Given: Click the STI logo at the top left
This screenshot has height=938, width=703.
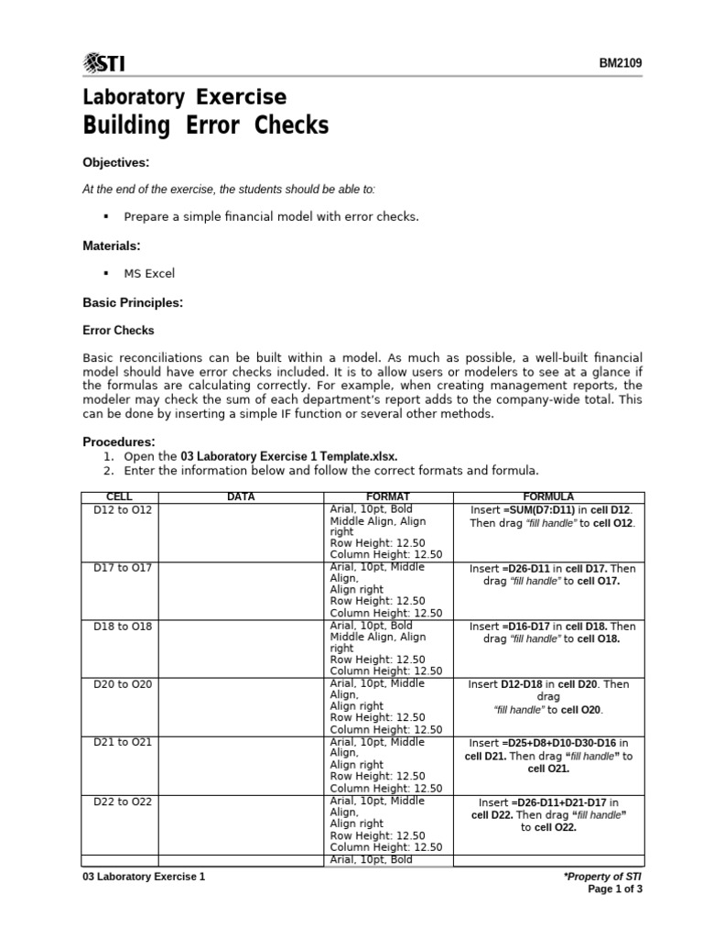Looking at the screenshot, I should coord(104,62).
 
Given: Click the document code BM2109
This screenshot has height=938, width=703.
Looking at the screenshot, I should coord(622,63).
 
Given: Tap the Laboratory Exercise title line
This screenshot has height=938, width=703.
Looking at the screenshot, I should coord(184,97).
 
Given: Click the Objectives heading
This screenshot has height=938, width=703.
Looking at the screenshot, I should coord(115,162).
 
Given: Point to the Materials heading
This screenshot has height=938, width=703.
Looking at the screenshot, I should coord(112,245).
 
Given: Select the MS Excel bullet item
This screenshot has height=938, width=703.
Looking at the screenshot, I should coord(149,273).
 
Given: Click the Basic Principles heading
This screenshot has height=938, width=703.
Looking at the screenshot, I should coord(133,301).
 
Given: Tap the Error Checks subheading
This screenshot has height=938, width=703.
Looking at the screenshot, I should coord(118,330).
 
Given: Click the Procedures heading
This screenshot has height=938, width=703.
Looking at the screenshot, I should coord(119,442).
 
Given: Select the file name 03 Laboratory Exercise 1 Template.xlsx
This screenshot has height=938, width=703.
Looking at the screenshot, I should coord(289,456).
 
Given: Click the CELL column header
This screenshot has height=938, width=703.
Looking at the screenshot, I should coord(120,496).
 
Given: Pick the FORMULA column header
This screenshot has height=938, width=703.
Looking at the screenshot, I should coord(548,496).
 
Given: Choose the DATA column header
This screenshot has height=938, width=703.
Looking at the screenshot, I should coord(241,496).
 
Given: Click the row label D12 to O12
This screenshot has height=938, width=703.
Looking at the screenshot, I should coord(123,508).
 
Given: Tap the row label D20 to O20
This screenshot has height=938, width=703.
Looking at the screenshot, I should coord(123,683).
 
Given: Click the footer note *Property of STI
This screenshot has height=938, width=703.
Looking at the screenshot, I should coord(605,877).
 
